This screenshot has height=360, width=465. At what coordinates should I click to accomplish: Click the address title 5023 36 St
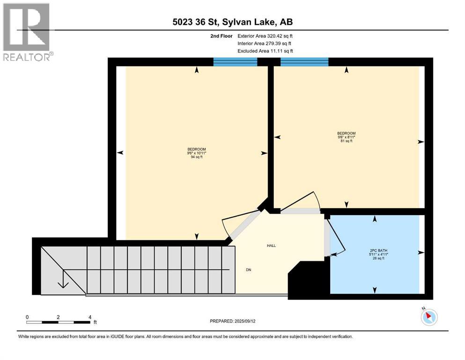point(232,22)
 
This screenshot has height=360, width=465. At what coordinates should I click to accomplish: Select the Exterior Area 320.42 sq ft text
point(266,36)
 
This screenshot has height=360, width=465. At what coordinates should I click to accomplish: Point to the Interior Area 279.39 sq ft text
point(265,43)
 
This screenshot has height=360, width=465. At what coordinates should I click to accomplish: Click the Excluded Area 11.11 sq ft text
point(266,51)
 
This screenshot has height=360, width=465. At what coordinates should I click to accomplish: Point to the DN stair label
point(249,270)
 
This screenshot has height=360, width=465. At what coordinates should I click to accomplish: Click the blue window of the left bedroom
point(235,62)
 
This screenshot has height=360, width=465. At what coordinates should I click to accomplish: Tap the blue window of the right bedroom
point(304,62)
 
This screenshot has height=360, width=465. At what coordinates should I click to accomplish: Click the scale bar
point(58,322)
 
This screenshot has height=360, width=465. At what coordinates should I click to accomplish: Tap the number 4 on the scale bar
point(89,317)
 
